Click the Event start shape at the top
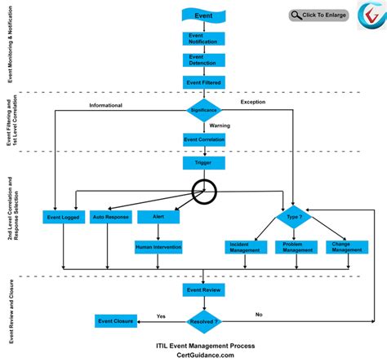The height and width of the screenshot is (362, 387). click(x=203, y=15)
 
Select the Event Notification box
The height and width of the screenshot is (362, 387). click(x=203, y=38)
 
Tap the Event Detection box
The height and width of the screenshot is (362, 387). click(x=203, y=60)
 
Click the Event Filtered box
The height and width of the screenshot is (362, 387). click(x=203, y=82)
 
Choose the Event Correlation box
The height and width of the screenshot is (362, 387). click(x=203, y=139)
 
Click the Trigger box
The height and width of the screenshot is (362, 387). click(x=203, y=162)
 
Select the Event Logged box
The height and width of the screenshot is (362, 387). click(x=63, y=218)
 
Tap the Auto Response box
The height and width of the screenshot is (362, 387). click(x=109, y=218)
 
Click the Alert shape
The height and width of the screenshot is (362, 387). click(x=158, y=218)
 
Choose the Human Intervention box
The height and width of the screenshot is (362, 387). click(x=158, y=245)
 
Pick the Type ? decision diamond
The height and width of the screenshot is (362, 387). click(x=293, y=218)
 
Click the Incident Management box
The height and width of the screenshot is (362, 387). click(x=243, y=245)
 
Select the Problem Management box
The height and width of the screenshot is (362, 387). click(x=293, y=245)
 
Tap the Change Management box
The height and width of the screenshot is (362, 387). click(x=343, y=245)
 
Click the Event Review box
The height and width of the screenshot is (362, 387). click(x=203, y=290)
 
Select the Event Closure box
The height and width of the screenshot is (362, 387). click(x=115, y=321)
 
